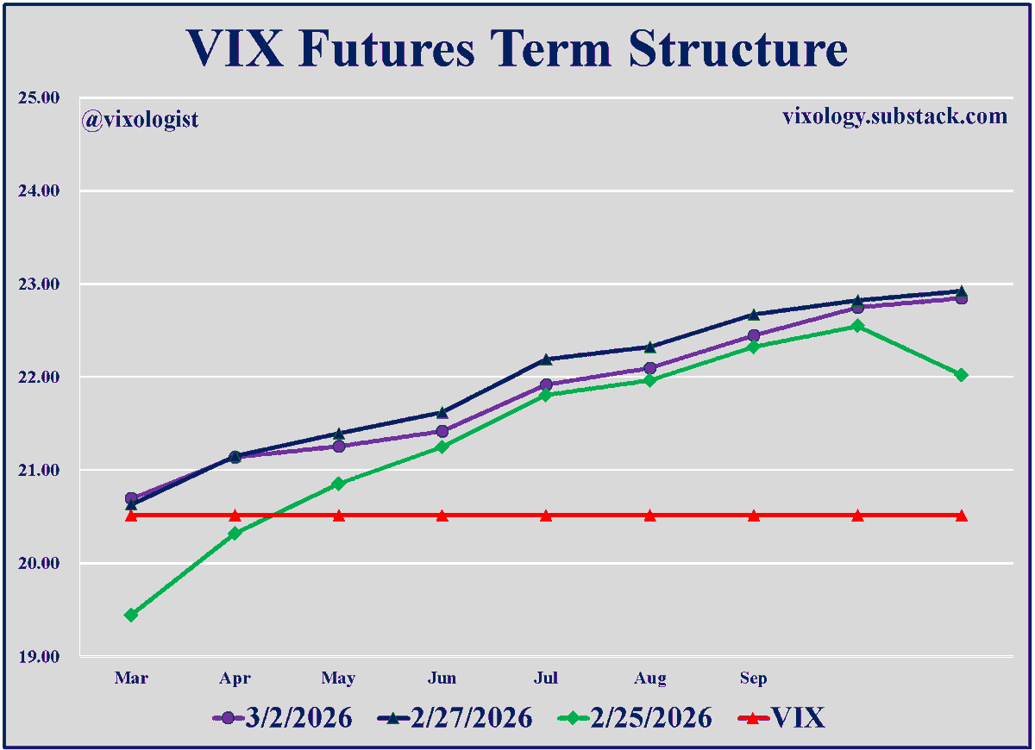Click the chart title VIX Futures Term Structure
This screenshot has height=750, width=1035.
click(x=517, y=49)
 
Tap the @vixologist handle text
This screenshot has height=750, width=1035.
click(x=141, y=119)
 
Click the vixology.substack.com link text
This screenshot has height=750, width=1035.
click(x=894, y=116)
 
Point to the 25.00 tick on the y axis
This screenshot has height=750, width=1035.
click(x=39, y=97)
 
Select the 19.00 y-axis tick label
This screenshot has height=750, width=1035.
click(x=39, y=656)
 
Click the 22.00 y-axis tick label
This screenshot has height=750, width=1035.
click(x=39, y=377)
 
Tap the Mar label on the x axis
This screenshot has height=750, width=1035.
click(x=131, y=678)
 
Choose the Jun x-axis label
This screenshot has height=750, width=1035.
click(x=442, y=678)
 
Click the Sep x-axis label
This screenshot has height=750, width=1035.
click(x=753, y=678)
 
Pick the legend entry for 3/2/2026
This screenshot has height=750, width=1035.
click(x=282, y=717)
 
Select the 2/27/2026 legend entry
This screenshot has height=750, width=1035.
click(x=455, y=717)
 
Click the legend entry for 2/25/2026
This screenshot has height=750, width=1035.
click(x=636, y=717)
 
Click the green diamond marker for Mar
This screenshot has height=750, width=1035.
click(x=131, y=615)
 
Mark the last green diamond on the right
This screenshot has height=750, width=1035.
click(x=961, y=374)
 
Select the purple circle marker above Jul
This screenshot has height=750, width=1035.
click(x=546, y=384)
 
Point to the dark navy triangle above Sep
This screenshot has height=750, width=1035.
click(x=753, y=314)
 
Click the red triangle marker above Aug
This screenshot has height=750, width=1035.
click(x=649, y=516)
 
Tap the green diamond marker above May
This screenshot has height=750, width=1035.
click(x=338, y=484)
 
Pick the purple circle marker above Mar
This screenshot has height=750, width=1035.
click(x=131, y=498)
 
